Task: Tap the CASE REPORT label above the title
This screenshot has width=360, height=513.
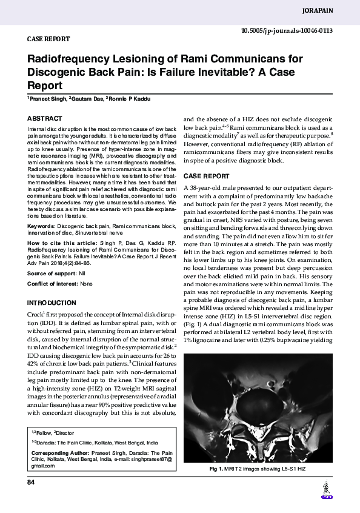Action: point(48,38)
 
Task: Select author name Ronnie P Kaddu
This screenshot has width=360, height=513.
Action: point(130,98)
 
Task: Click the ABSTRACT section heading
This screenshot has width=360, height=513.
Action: point(45,118)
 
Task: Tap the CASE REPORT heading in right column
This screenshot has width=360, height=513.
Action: point(207,176)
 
